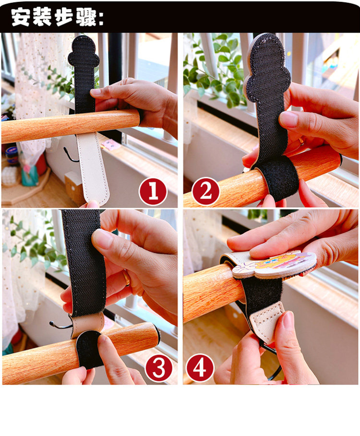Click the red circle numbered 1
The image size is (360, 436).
click(153, 192)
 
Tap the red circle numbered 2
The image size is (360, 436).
click(205, 191)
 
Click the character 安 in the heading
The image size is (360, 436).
click(21, 17)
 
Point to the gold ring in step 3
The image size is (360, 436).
click(127, 278)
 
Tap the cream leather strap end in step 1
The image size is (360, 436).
click(94, 168)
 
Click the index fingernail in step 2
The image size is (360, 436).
click(288, 119)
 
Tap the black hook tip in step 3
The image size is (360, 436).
click(51, 323)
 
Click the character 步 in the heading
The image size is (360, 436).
click(44, 17)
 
